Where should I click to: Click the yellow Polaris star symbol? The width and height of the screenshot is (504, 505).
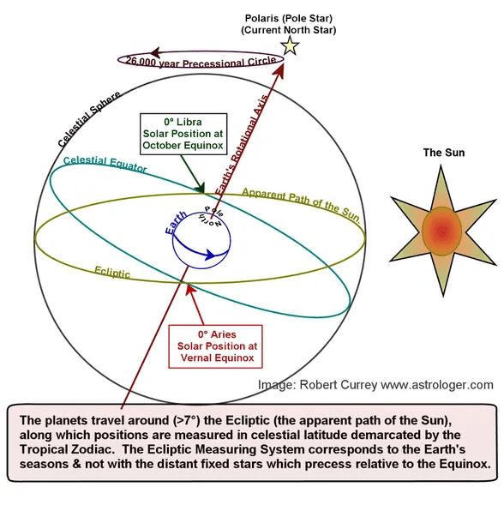(290, 46)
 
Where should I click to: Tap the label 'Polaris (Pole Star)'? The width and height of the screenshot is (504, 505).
(289, 18)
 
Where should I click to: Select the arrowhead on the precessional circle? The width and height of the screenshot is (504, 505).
(155, 52)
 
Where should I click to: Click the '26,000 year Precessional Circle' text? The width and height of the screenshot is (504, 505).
(201, 62)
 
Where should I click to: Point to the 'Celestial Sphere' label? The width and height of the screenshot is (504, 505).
(89, 118)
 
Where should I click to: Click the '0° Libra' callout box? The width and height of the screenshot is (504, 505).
(183, 134)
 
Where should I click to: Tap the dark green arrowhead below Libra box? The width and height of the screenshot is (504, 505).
(200, 188)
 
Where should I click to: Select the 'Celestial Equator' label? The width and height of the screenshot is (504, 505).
(105, 164)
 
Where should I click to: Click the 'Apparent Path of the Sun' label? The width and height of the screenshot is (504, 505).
(301, 205)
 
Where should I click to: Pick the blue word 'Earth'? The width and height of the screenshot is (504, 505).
(176, 223)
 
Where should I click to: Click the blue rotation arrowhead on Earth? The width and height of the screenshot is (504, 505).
(210, 255)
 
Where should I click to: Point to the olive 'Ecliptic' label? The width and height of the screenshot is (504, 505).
(112, 272)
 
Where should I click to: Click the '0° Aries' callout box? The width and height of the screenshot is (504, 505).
(216, 346)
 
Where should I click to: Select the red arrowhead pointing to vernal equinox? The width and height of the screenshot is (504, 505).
(190, 289)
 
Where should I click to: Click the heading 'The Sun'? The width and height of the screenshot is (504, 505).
(444, 153)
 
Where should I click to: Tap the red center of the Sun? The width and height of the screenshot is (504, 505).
(441, 231)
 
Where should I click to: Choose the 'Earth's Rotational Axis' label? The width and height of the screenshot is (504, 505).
(241, 145)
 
